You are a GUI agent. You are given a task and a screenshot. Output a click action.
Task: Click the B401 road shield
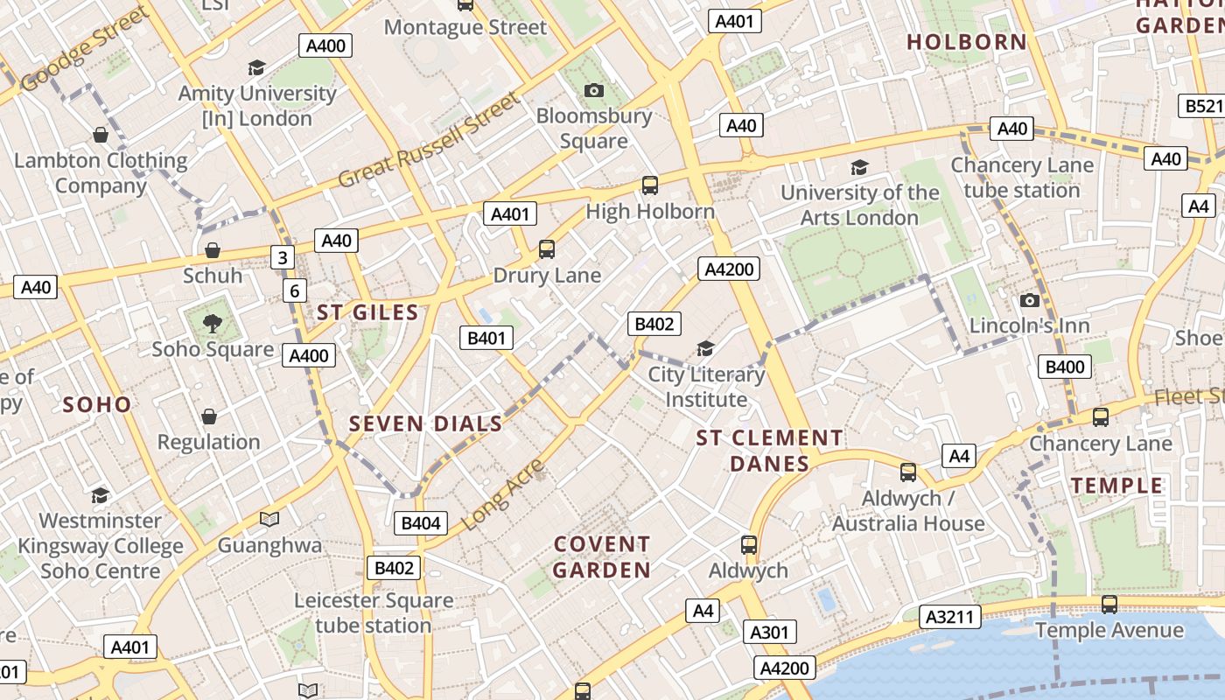coord(486,338)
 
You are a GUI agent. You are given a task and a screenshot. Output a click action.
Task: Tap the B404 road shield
coord(421,523)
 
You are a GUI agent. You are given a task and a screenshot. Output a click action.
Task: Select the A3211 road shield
coord(950,617)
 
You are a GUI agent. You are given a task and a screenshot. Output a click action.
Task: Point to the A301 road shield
coord(770,632)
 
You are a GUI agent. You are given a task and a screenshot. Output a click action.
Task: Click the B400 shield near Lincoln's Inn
coord(1065,367)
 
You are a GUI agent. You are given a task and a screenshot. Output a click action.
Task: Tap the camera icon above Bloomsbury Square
coord(593,90)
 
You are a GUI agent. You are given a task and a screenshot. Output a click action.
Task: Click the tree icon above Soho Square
coord(212,324)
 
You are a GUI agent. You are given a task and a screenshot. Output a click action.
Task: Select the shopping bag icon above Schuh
coord(212,251)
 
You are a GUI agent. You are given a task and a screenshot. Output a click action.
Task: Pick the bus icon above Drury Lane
coord(547,249)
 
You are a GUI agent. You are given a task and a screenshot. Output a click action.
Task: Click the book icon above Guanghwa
coord(269,520)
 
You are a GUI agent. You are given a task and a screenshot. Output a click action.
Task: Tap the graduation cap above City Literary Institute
coord(705,349)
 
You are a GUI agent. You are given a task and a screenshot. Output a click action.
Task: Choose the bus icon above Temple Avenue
coord(1109,604)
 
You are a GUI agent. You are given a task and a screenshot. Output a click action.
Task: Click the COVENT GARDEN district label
coord(602,557)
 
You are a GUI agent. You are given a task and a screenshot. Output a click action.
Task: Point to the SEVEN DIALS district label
coord(425,424)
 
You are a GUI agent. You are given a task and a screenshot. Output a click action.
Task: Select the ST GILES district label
coord(367,312)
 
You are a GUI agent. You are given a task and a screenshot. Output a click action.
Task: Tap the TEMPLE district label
coord(1117,486)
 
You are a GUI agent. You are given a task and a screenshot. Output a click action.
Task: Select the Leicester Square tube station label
coord(374,613)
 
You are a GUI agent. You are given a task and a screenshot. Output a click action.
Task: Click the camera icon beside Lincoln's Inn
coord(1030,301)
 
